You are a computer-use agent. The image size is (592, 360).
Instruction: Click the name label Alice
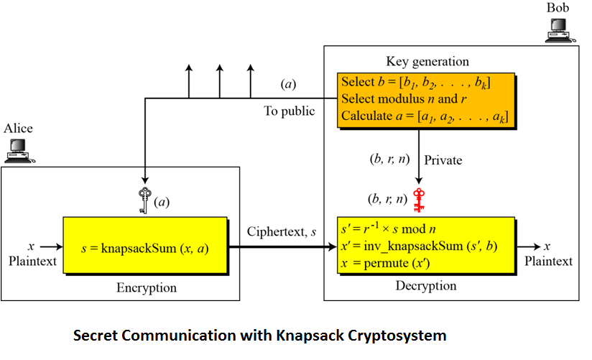19,129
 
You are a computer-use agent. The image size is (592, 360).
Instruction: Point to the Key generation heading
427,62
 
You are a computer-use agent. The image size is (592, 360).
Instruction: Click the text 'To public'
289,111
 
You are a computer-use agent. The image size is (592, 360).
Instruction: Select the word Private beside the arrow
445,160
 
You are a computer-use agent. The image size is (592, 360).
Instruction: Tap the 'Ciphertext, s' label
281,231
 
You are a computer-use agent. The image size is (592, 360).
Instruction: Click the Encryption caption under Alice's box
146,288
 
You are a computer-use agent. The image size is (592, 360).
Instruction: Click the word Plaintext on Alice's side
32,261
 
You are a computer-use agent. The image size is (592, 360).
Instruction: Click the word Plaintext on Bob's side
549,261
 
